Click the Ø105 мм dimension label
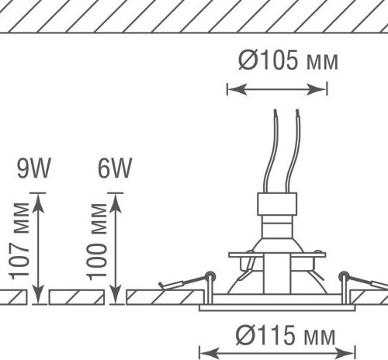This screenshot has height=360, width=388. (288, 60)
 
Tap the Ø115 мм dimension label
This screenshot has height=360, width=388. (286, 335)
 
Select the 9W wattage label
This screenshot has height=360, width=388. (33, 168)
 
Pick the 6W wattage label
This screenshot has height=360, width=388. (115, 168)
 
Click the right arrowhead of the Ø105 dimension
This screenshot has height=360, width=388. (317, 89)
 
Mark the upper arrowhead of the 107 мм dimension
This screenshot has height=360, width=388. (38, 203)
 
